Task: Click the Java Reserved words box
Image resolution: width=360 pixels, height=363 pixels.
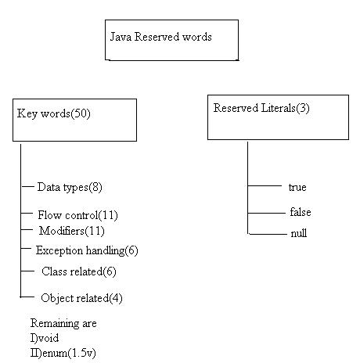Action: (171, 40)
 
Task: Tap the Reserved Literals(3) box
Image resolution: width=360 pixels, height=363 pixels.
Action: (278, 117)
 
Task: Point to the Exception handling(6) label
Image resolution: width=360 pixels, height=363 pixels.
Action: (87, 250)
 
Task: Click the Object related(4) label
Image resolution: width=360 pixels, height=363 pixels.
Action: (81, 298)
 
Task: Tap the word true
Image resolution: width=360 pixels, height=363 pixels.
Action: (297, 188)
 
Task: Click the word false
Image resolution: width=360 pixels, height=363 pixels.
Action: (300, 212)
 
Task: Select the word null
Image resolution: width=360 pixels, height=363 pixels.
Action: (298, 233)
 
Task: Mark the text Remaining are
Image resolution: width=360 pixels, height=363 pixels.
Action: (63, 323)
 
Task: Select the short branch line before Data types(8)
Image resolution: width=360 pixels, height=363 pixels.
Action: (27, 188)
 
